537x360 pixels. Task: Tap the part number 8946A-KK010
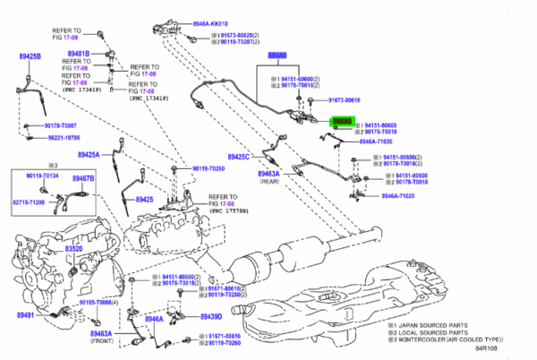tap(210, 23)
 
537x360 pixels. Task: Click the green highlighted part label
tap(343, 120)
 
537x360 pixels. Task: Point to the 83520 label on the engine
tap(72, 248)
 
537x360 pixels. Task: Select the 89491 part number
tap(28, 315)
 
